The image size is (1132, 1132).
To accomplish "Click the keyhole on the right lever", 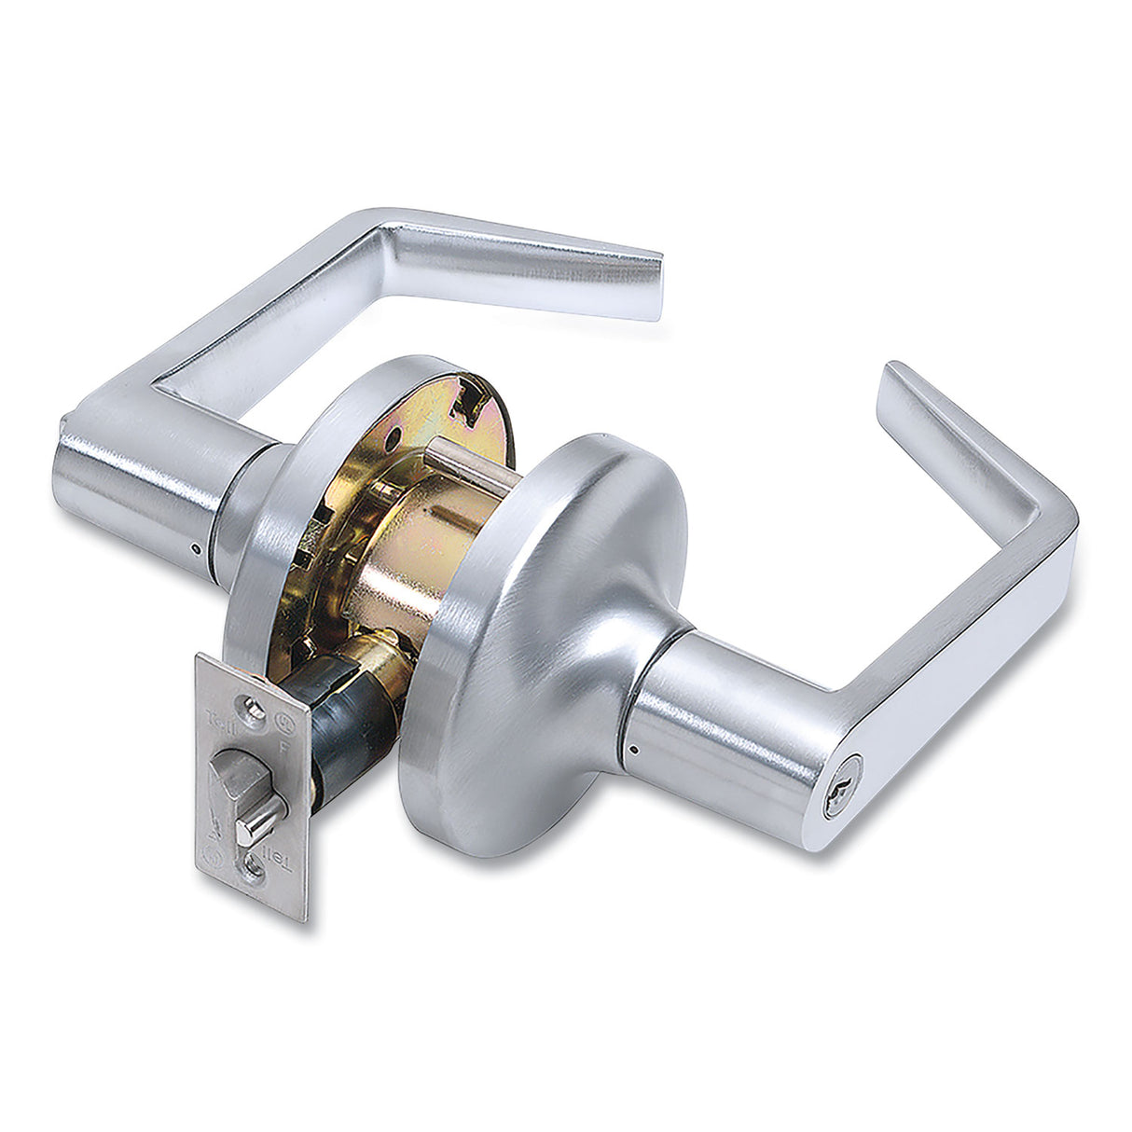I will coord(843,799).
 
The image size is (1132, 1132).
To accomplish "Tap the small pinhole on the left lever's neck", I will coord(194,548).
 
